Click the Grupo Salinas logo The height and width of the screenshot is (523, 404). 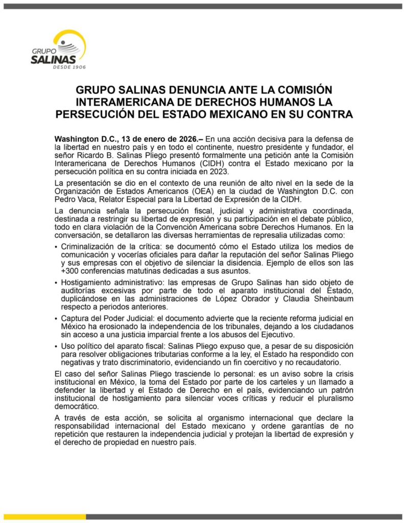58,50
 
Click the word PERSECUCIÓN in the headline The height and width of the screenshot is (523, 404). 99,114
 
